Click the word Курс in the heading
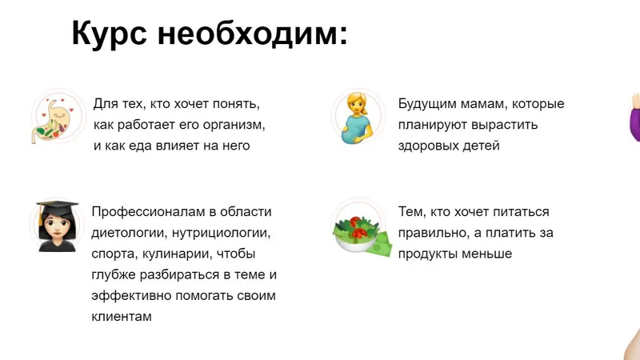(x=109, y=34)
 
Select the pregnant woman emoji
(x=356, y=118)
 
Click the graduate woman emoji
(x=57, y=226)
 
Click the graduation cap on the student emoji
(x=57, y=208)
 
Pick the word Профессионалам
(x=148, y=212)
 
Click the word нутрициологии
(x=221, y=234)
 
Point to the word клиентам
(x=122, y=317)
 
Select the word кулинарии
(x=177, y=254)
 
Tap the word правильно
(x=432, y=234)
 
